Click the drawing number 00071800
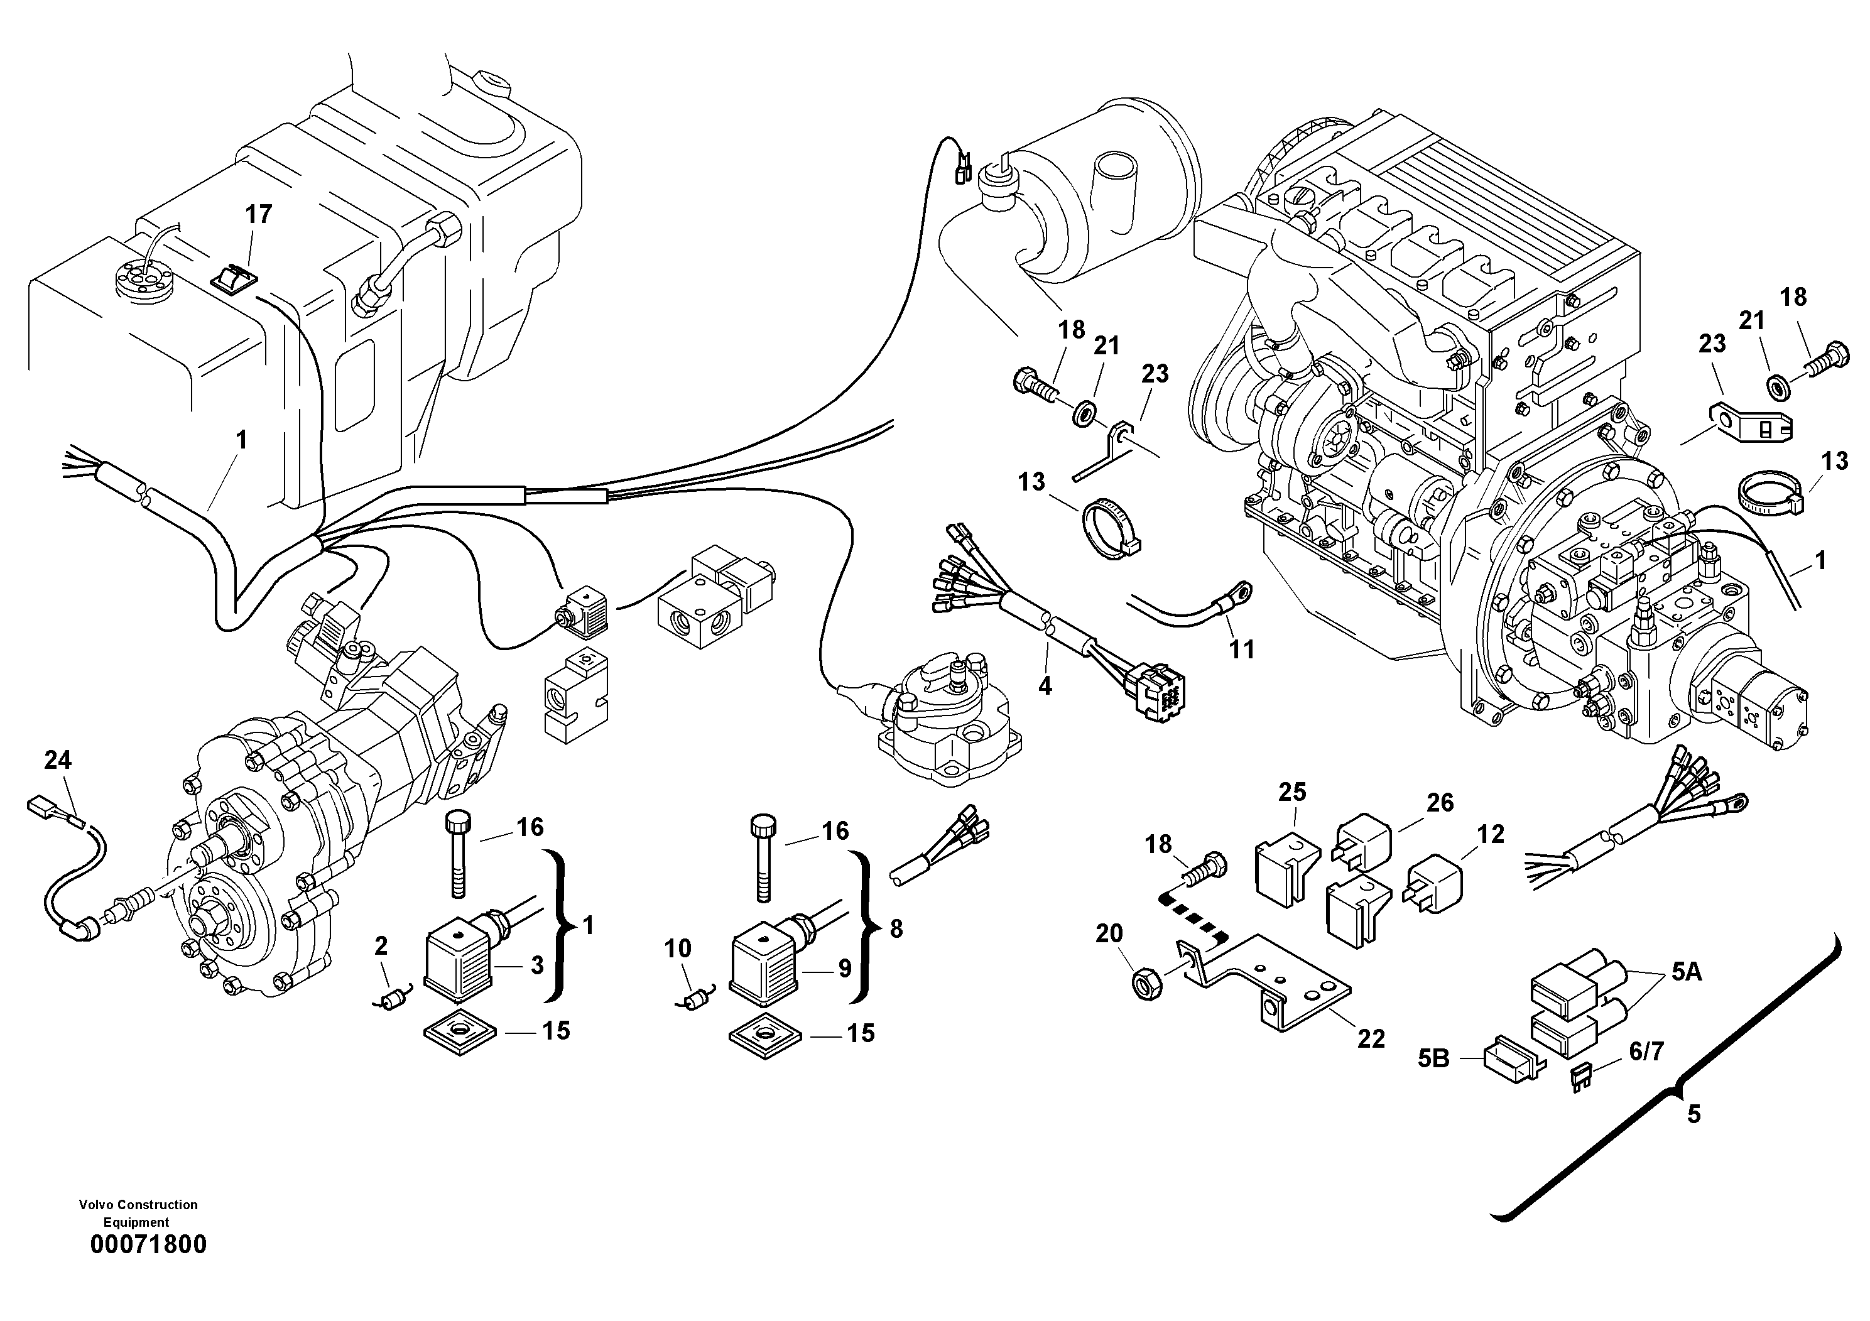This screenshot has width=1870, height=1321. [x=148, y=1244]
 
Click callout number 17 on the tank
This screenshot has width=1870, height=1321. [x=258, y=215]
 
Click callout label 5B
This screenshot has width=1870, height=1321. [x=1433, y=1059]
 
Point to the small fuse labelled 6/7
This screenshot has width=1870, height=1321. [x=1582, y=1079]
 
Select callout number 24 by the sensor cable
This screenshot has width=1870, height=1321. [x=58, y=761]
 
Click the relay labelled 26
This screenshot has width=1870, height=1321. [x=1362, y=847]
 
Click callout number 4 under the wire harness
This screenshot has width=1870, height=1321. [x=1045, y=686]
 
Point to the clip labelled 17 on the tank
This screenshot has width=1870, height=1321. [x=234, y=278]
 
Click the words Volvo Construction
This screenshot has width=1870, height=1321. [x=138, y=1205]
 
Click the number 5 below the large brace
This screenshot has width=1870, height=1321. [x=1694, y=1114]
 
